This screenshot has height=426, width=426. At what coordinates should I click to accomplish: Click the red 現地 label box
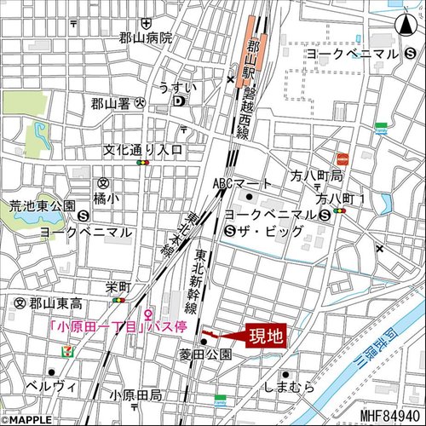point(264,335)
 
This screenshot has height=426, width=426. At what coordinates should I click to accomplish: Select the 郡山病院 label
point(146,37)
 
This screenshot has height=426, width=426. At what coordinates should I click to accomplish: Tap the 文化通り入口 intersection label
point(143,149)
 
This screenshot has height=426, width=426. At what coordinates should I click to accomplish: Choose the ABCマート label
point(242,183)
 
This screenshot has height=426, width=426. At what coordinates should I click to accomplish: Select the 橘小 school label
point(106,197)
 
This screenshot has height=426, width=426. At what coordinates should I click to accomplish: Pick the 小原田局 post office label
point(135,396)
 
